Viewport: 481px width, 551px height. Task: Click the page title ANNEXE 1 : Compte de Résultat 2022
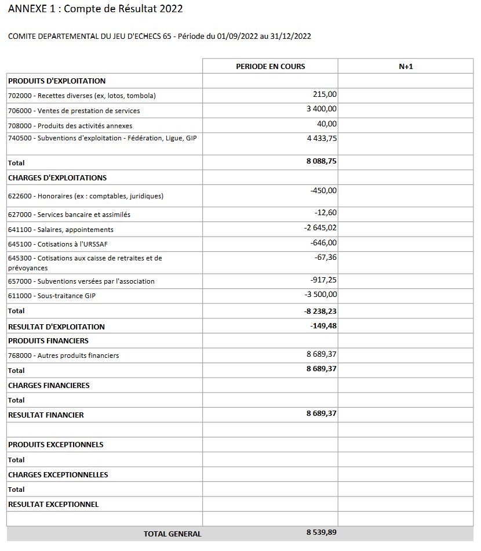pos(96,9)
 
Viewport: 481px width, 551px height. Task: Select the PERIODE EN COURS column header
pos(270,66)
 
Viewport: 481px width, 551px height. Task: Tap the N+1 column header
pos(406,66)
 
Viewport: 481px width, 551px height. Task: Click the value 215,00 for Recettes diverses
pos(325,94)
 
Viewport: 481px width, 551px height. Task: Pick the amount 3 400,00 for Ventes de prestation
pos(322,109)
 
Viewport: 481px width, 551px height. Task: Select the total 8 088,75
pos(322,161)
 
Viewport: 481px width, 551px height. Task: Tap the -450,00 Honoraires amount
pos(323,190)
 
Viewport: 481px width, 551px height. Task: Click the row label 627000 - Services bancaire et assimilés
pos(69,215)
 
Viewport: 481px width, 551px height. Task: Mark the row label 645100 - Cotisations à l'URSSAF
pos(58,244)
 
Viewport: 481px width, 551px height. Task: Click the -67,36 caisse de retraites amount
pos(325,257)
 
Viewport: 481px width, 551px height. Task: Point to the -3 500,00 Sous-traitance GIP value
pos(320,295)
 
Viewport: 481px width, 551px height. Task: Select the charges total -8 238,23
pos(320,311)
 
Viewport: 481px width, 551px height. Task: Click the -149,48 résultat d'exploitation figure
pos(323,326)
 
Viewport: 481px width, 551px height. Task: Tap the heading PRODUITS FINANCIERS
pos(48,340)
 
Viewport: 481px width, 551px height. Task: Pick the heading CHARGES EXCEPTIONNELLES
pos(58,474)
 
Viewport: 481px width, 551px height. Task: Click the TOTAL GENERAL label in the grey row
pos(173,534)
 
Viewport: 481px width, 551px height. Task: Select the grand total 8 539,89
pos(322,532)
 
